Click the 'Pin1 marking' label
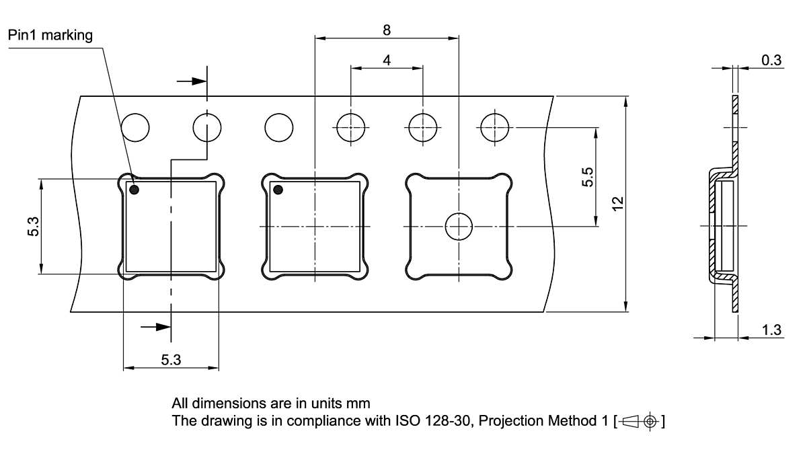50,36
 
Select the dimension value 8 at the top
387,30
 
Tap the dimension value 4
387,60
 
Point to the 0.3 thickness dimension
771,61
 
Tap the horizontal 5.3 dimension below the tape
171,361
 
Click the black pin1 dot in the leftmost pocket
134,190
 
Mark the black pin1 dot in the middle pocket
276,190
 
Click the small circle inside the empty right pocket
459,227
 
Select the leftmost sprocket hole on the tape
135,127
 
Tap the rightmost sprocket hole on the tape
495,127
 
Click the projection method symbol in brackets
643,422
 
